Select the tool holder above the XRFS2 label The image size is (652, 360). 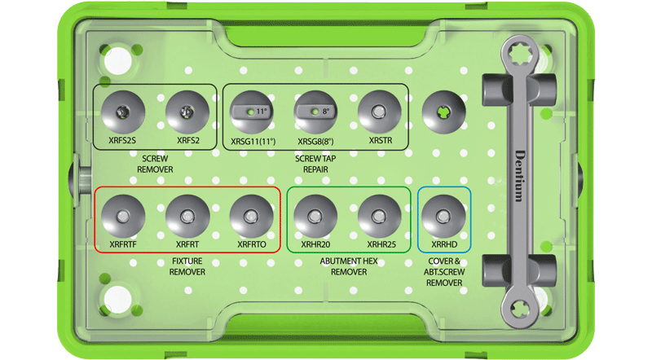[x=187, y=112]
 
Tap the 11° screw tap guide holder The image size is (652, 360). [x=252, y=112]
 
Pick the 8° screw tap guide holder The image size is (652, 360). [x=315, y=112]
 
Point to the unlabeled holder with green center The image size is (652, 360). [x=443, y=112]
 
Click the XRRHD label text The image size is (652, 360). [x=444, y=244]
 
